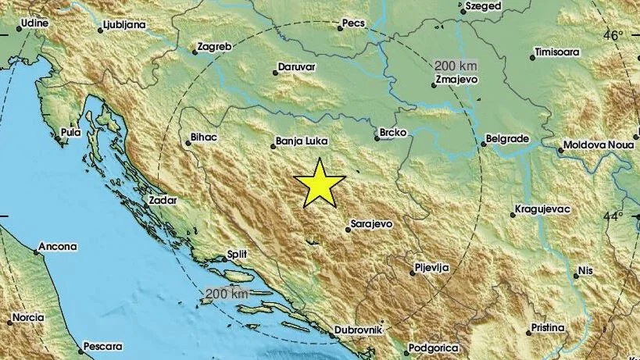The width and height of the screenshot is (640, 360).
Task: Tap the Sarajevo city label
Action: tap(371, 224)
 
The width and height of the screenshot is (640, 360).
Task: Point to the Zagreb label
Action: tap(216, 47)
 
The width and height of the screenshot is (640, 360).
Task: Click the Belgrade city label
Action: tap(508, 139)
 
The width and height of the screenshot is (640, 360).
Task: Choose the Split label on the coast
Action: tap(236, 255)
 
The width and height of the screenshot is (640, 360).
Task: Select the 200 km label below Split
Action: tap(227, 294)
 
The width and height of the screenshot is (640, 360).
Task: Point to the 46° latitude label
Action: tap(613, 35)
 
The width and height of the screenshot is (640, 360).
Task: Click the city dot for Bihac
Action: tap(184, 142)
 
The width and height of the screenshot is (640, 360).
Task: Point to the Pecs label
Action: tap(353, 25)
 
